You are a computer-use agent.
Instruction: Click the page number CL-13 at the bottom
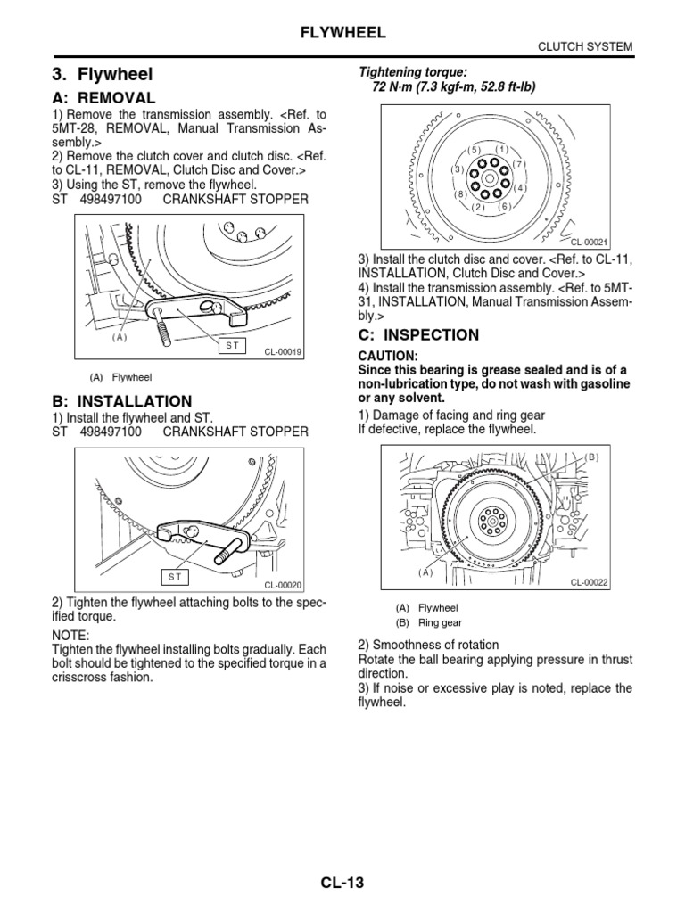pyautogui.click(x=343, y=884)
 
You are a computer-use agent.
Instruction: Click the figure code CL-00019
pyautogui.click(x=284, y=352)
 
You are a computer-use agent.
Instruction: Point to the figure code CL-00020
pyautogui.click(x=284, y=585)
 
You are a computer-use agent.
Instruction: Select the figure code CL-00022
pyautogui.click(x=589, y=583)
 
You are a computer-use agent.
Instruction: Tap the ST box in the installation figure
pyautogui.click(x=176, y=577)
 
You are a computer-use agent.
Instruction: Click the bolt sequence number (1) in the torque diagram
pyautogui.click(x=501, y=148)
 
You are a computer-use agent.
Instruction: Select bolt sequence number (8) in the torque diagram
pyautogui.click(x=460, y=193)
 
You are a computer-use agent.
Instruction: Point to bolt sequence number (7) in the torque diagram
pyautogui.click(x=521, y=164)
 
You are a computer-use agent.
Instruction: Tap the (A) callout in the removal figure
pyautogui.click(x=120, y=337)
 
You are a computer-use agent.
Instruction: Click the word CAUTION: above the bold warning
pyautogui.click(x=388, y=356)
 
